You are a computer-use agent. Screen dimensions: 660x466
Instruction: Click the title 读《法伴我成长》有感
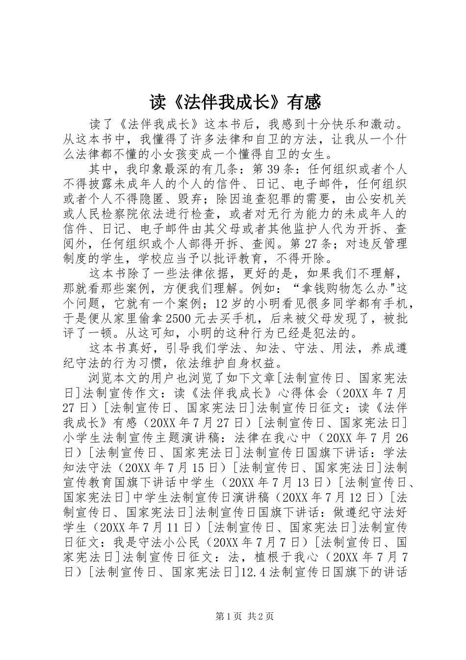235,102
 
